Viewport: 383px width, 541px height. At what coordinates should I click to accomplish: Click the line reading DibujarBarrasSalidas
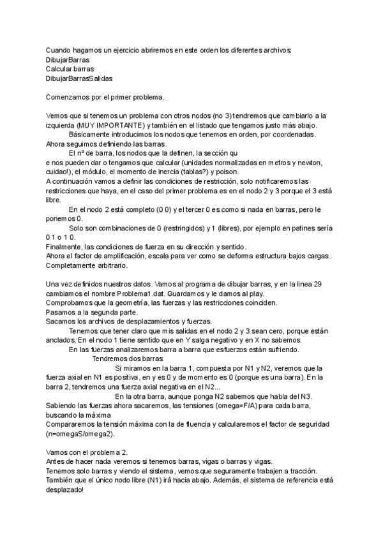coord(79,78)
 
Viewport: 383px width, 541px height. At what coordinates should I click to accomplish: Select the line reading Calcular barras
coord(70,68)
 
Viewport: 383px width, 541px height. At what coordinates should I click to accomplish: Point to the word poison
coord(227,172)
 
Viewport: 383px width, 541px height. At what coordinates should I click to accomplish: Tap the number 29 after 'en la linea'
coord(323,285)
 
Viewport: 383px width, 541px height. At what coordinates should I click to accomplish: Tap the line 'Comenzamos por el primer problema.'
coord(105,97)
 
